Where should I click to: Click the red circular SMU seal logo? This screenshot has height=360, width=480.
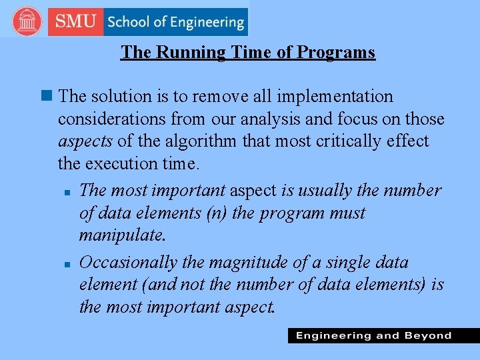[x=27, y=21]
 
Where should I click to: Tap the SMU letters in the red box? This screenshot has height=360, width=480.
[x=76, y=21]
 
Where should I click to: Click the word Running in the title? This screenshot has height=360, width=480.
[x=190, y=52]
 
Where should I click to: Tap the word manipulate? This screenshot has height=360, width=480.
[x=122, y=236]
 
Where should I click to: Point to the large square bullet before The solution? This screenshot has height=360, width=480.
[x=45, y=97]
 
